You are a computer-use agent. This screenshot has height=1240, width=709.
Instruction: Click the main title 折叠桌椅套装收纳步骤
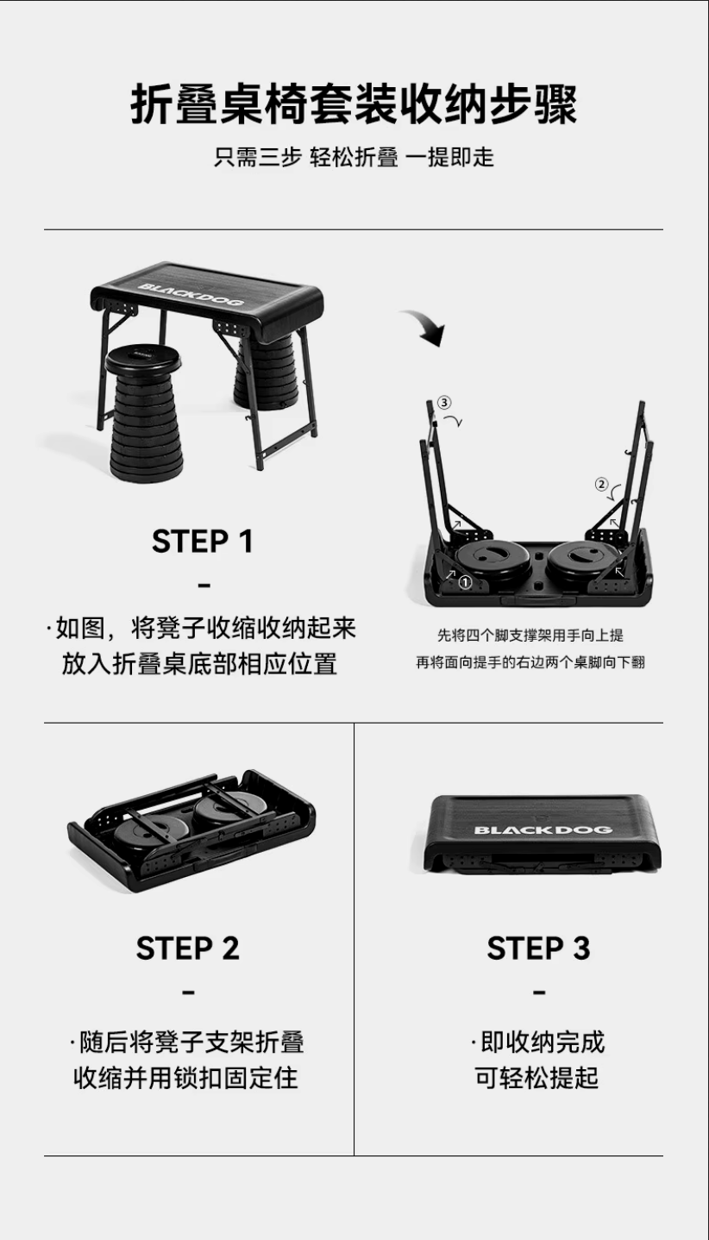point(354,104)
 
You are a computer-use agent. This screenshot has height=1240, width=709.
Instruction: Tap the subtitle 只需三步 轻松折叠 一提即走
point(354,157)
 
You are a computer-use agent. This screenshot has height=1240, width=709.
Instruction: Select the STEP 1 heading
point(203,542)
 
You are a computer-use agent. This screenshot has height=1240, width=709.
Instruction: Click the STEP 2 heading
point(188,949)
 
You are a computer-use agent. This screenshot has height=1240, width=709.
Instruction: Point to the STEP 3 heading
point(538,949)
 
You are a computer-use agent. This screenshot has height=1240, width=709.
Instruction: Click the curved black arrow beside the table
point(425,327)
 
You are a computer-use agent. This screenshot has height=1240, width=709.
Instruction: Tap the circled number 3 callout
point(444,403)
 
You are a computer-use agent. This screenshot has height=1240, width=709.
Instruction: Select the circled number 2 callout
point(601,485)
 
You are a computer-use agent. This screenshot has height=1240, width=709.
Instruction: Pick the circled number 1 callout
point(465,582)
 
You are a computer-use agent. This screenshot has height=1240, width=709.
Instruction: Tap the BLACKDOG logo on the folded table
point(543,830)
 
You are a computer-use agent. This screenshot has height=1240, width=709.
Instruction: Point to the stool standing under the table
point(267,371)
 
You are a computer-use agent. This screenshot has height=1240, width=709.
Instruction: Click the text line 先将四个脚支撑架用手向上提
point(530,635)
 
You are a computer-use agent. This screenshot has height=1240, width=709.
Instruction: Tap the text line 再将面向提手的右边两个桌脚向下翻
point(530,662)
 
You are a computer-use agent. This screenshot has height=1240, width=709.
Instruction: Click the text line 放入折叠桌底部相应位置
point(199,664)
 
